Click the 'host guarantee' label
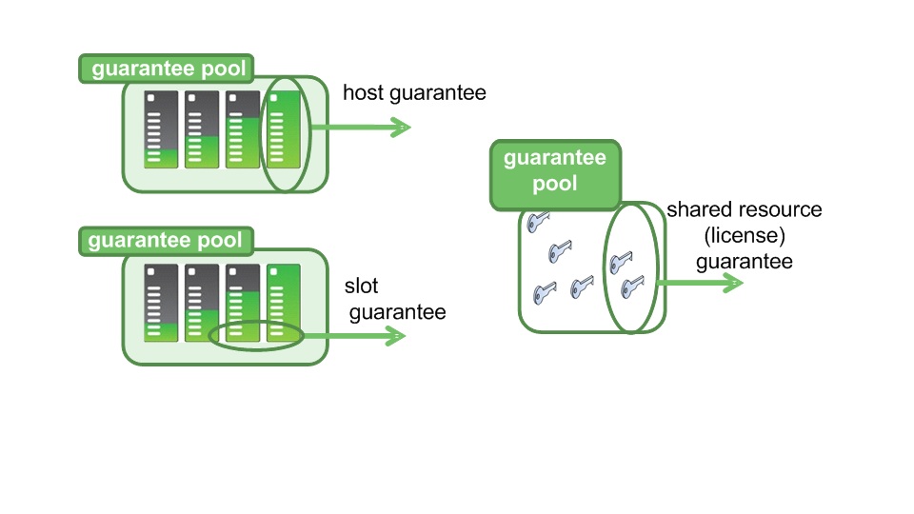414,93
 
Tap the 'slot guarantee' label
394,299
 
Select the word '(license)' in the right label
745,235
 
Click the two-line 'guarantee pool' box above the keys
555,175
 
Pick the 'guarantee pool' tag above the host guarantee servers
167,69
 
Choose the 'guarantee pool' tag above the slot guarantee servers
166,241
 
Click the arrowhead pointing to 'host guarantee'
400,127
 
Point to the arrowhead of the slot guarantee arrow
395,335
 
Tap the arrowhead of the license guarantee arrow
733,284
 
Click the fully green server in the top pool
284,129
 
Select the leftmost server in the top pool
161,129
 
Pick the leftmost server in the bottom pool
161,303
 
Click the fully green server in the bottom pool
284,303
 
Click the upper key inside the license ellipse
621,263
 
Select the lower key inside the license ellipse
632,287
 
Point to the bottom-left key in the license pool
545,292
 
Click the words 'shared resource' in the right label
745,209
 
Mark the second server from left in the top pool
202,129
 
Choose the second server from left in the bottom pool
202,303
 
